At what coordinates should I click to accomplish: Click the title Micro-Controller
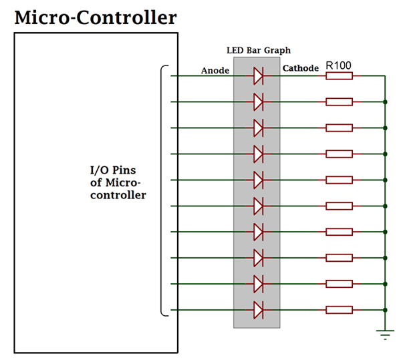pos(96,17)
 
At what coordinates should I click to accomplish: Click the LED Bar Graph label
pos(257,51)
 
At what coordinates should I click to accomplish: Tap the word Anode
pos(215,70)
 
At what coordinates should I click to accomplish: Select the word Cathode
pos(300,68)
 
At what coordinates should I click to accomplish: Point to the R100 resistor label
pos(339,66)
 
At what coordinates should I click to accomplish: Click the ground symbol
pos(384,334)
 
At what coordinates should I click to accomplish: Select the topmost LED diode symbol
pos(259,76)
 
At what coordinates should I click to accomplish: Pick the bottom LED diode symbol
pos(259,310)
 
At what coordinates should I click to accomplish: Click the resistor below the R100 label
pos(339,76)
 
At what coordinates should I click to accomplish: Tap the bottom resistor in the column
pos(339,310)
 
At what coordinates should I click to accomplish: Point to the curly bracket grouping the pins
pos(162,191)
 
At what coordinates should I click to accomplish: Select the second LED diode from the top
pos(259,102)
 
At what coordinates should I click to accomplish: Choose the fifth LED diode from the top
pos(259,180)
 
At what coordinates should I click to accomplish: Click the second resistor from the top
pos(339,102)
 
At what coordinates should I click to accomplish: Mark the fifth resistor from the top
pos(339,180)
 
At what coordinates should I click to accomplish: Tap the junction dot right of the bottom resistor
pos(385,310)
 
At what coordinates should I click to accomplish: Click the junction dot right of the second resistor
pos(385,102)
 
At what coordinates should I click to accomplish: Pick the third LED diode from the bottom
pos(259,258)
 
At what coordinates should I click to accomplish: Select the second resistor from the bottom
pos(339,284)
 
